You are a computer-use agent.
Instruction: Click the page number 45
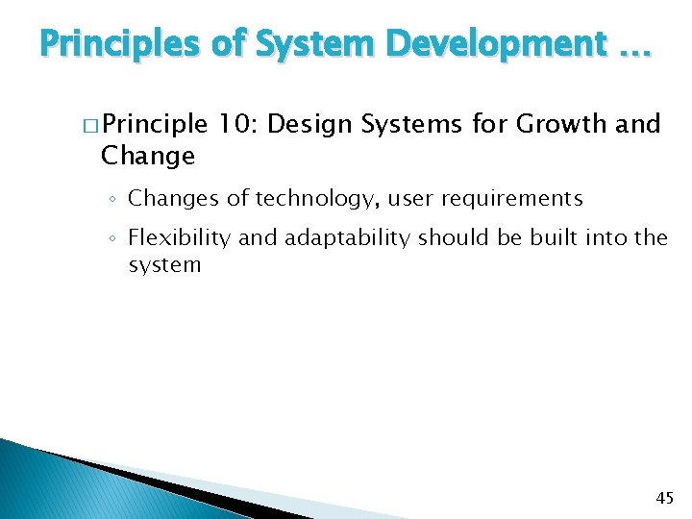pos(664,498)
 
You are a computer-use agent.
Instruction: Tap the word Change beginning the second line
pos(148,155)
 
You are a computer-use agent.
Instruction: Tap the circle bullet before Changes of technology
pos(112,200)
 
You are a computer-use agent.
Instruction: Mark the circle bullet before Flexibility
pos(112,238)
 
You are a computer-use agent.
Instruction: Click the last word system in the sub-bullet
pos(164,264)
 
